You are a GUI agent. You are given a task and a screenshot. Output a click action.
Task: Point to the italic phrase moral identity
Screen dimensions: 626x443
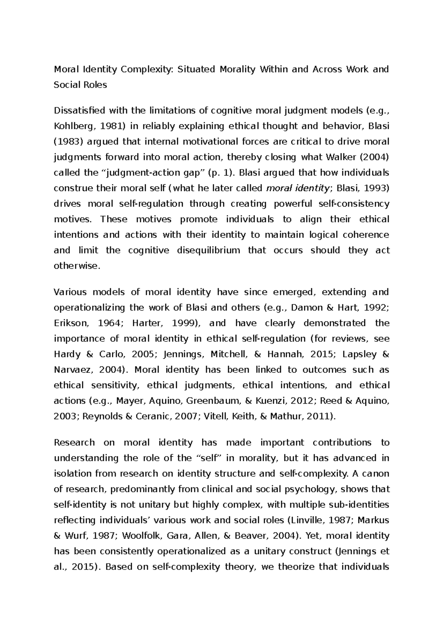pos(298,188)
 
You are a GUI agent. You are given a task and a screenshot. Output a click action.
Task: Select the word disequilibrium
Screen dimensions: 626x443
pos(209,250)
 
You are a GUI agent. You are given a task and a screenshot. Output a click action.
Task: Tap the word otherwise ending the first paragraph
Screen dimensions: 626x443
pos(77,266)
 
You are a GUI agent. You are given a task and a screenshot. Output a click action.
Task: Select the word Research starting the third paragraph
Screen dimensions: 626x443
pos(74,442)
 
